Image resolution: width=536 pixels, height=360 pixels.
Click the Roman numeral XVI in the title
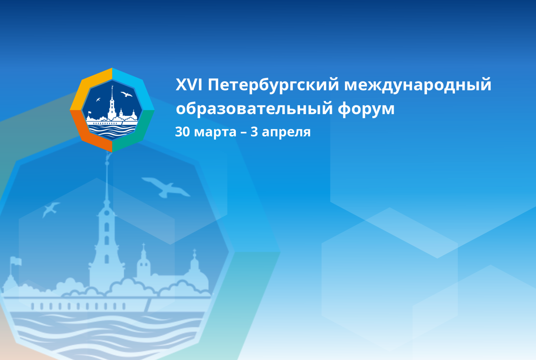tap(189, 84)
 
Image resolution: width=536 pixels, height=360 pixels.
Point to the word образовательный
tap(254, 108)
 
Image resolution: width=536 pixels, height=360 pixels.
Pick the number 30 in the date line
tap(182, 132)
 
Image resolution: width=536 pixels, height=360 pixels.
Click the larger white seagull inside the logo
tap(126, 94)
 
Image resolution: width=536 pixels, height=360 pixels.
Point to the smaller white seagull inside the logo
tap(98, 99)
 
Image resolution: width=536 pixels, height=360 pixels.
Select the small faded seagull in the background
tap(50, 209)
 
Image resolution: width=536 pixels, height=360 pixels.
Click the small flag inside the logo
tap(90, 113)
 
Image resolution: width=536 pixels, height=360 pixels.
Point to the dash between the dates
tap(243, 133)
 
